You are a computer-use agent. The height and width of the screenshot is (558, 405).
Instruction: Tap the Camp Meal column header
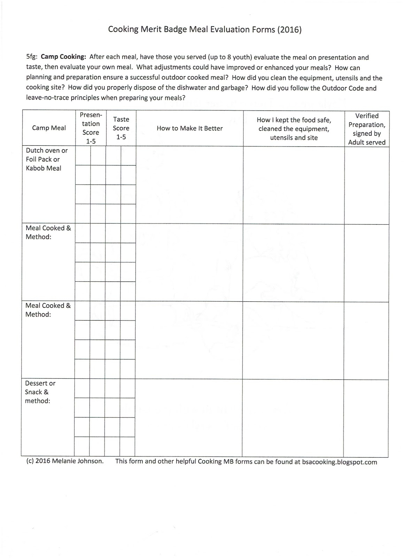tap(49, 128)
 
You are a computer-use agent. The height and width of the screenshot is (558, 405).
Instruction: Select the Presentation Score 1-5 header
tap(91, 128)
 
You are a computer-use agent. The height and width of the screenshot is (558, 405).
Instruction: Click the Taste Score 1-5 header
tap(121, 128)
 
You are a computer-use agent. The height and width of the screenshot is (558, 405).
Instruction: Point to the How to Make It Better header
tap(189, 128)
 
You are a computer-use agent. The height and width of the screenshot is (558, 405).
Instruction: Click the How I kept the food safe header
tap(294, 129)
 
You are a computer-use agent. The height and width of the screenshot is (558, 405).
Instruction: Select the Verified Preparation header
tap(367, 129)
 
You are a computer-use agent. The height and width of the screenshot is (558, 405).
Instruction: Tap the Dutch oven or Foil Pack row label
tap(46, 159)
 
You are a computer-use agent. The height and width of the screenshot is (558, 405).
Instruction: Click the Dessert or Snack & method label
tap(40, 392)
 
